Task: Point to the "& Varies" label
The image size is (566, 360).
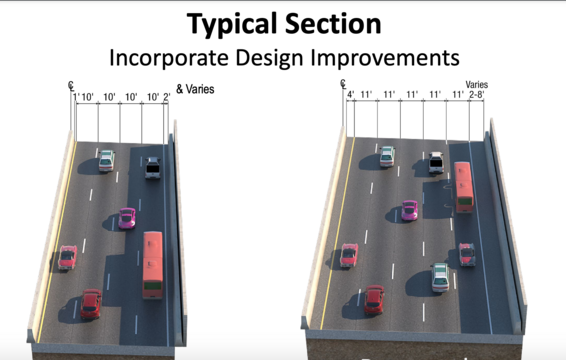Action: click(195, 90)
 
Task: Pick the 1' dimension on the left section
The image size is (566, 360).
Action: click(75, 97)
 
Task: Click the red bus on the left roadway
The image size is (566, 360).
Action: click(153, 264)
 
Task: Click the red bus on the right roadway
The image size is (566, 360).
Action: click(465, 187)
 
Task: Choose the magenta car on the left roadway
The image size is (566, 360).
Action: click(127, 217)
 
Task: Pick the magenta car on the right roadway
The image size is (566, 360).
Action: click(409, 210)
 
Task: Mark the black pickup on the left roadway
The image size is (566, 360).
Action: click(152, 168)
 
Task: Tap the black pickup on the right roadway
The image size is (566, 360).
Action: click(436, 163)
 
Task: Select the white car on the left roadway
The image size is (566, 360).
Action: click(106, 160)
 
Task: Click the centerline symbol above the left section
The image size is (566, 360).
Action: click(73, 86)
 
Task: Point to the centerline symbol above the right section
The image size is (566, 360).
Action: click(343, 84)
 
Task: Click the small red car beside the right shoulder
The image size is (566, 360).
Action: click(467, 254)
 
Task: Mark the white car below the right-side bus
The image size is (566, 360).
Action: click(440, 277)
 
